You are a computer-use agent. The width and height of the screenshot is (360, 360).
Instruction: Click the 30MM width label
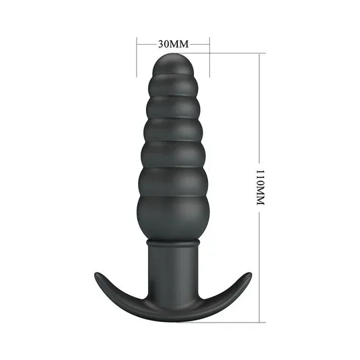pos(173,43)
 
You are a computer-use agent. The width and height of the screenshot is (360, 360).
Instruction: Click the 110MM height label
pos(260,187)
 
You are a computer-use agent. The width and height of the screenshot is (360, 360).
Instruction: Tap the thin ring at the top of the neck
pos(173,243)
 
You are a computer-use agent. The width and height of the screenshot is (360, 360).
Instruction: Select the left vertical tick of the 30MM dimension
pos(137,57)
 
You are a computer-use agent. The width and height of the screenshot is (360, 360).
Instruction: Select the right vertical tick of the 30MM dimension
pos(209,57)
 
